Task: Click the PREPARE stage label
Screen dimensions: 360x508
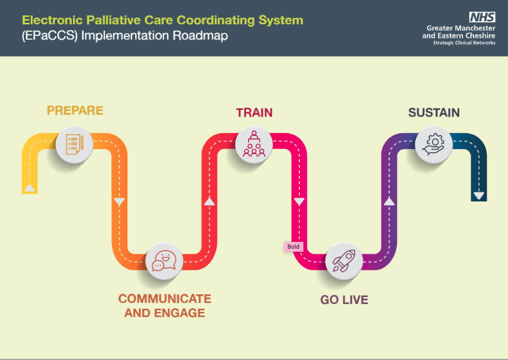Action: (75, 110)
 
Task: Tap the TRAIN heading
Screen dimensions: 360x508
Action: (254, 112)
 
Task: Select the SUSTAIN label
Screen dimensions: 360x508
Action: (434, 112)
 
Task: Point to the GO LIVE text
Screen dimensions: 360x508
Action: (344, 300)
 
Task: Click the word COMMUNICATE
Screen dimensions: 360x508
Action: (165, 299)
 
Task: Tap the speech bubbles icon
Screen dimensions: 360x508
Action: (164, 262)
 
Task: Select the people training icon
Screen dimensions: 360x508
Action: (254, 143)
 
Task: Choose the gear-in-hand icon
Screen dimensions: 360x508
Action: (433, 143)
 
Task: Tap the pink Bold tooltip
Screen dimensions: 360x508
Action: (294, 247)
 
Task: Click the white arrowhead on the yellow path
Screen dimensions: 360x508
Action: (30, 189)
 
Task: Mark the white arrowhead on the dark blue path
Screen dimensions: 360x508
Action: (478, 196)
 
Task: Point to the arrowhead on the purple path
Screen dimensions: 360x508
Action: (389, 201)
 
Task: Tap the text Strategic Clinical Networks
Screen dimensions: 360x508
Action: (464, 43)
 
